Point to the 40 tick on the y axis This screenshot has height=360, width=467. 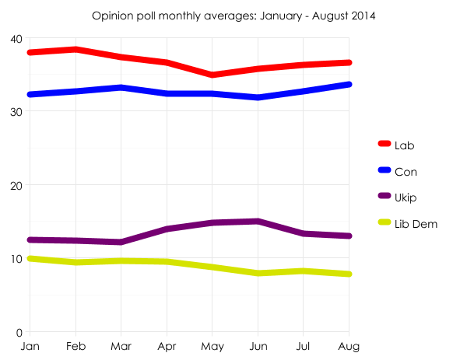[16, 39]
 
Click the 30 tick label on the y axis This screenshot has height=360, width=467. [16, 112]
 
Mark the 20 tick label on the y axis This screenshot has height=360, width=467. [16, 185]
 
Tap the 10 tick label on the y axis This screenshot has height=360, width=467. [16, 258]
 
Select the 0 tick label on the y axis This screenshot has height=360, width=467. [19, 332]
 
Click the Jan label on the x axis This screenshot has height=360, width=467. [30, 344]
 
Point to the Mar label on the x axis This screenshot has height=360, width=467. [121, 344]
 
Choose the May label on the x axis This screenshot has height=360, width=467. [212, 344]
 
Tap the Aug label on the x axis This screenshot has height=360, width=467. [349, 344]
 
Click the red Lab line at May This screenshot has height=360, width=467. [212, 75]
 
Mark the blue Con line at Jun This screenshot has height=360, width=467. [258, 97]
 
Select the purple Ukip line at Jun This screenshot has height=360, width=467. [258, 222]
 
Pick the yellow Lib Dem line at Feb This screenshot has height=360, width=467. [75, 262]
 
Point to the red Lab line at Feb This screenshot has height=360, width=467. [75, 50]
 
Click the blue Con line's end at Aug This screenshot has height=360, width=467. [349, 84]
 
